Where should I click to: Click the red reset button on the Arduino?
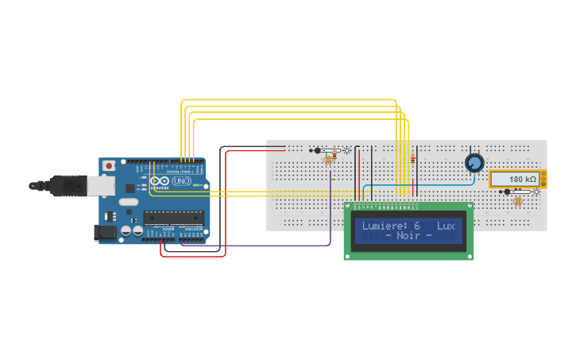click(109, 165)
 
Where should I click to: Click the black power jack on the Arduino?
click(105, 232)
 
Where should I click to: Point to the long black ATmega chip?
click(173, 218)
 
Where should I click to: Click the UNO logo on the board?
click(181, 181)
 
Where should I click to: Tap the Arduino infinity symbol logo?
click(160, 181)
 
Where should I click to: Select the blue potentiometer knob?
click(474, 163)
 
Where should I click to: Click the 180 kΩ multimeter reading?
click(522, 180)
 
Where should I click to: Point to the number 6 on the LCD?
click(417, 226)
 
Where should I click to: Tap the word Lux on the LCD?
click(446, 226)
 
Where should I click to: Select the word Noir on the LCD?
click(408, 236)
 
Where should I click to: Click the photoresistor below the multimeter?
click(518, 201)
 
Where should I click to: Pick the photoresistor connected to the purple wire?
click(328, 160)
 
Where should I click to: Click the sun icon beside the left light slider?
click(346, 150)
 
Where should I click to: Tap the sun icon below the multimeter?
click(536, 192)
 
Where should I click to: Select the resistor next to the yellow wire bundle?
click(413, 159)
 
